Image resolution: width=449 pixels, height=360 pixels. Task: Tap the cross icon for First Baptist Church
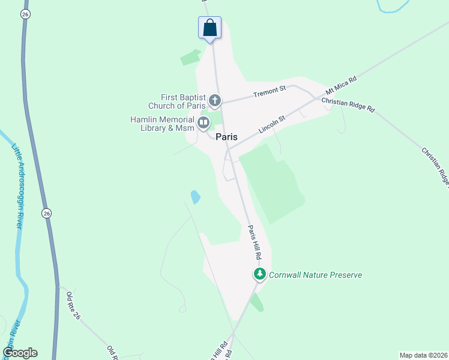click(x=215, y=101)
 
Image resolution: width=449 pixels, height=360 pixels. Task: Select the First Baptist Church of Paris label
click(x=183, y=101)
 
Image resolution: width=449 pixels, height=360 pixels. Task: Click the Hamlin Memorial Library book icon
click(x=203, y=124)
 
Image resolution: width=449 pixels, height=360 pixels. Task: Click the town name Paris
click(x=226, y=137)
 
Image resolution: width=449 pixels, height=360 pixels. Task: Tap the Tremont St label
click(x=269, y=92)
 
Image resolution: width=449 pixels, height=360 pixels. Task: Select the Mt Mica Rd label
click(x=341, y=87)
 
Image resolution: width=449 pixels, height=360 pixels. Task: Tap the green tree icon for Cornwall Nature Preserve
click(x=259, y=275)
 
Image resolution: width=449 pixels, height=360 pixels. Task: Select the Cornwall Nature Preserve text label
click(x=315, y=275)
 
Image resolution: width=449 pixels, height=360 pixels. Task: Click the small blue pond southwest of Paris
click(x=195, y=197)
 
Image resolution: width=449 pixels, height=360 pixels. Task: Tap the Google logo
click(x=20, y=353)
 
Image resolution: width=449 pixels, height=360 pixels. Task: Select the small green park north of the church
click(x=191, y=58)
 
